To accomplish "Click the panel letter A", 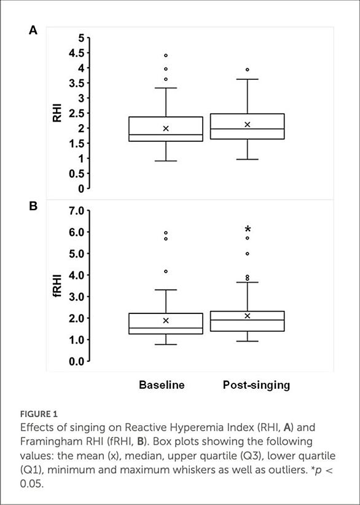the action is (33, 30).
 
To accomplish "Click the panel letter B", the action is (33, 206).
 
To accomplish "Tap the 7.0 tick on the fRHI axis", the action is (76, 211).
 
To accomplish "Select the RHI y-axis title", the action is (57, 113).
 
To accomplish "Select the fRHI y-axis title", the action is (57, 285).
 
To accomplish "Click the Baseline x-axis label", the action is (162, 385).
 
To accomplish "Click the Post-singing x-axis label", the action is (256, 385).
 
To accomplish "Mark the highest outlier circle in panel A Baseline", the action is (166, 55).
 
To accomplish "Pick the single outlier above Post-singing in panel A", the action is (248, 69).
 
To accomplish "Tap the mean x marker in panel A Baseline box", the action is (166, 128).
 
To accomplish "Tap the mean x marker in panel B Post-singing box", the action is (248, 316).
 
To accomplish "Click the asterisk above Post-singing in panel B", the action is (248, 229).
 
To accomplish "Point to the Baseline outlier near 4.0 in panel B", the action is (166, 271).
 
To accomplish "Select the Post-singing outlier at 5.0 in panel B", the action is (248, 254).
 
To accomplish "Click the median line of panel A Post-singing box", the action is (248, 129).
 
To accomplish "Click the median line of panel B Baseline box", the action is (166, 328).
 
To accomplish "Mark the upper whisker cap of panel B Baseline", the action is (166, 290).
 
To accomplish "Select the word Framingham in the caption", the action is (54, 442).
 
